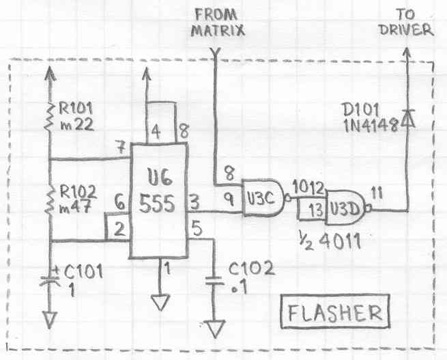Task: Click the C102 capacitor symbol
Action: click(x=216, y=279)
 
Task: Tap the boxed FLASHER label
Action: click(x=334, y=314)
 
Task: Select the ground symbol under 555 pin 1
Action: click(x=162, y=300)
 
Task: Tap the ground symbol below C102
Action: click(x=216, y=329)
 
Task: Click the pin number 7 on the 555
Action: click(x=121, y=148)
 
